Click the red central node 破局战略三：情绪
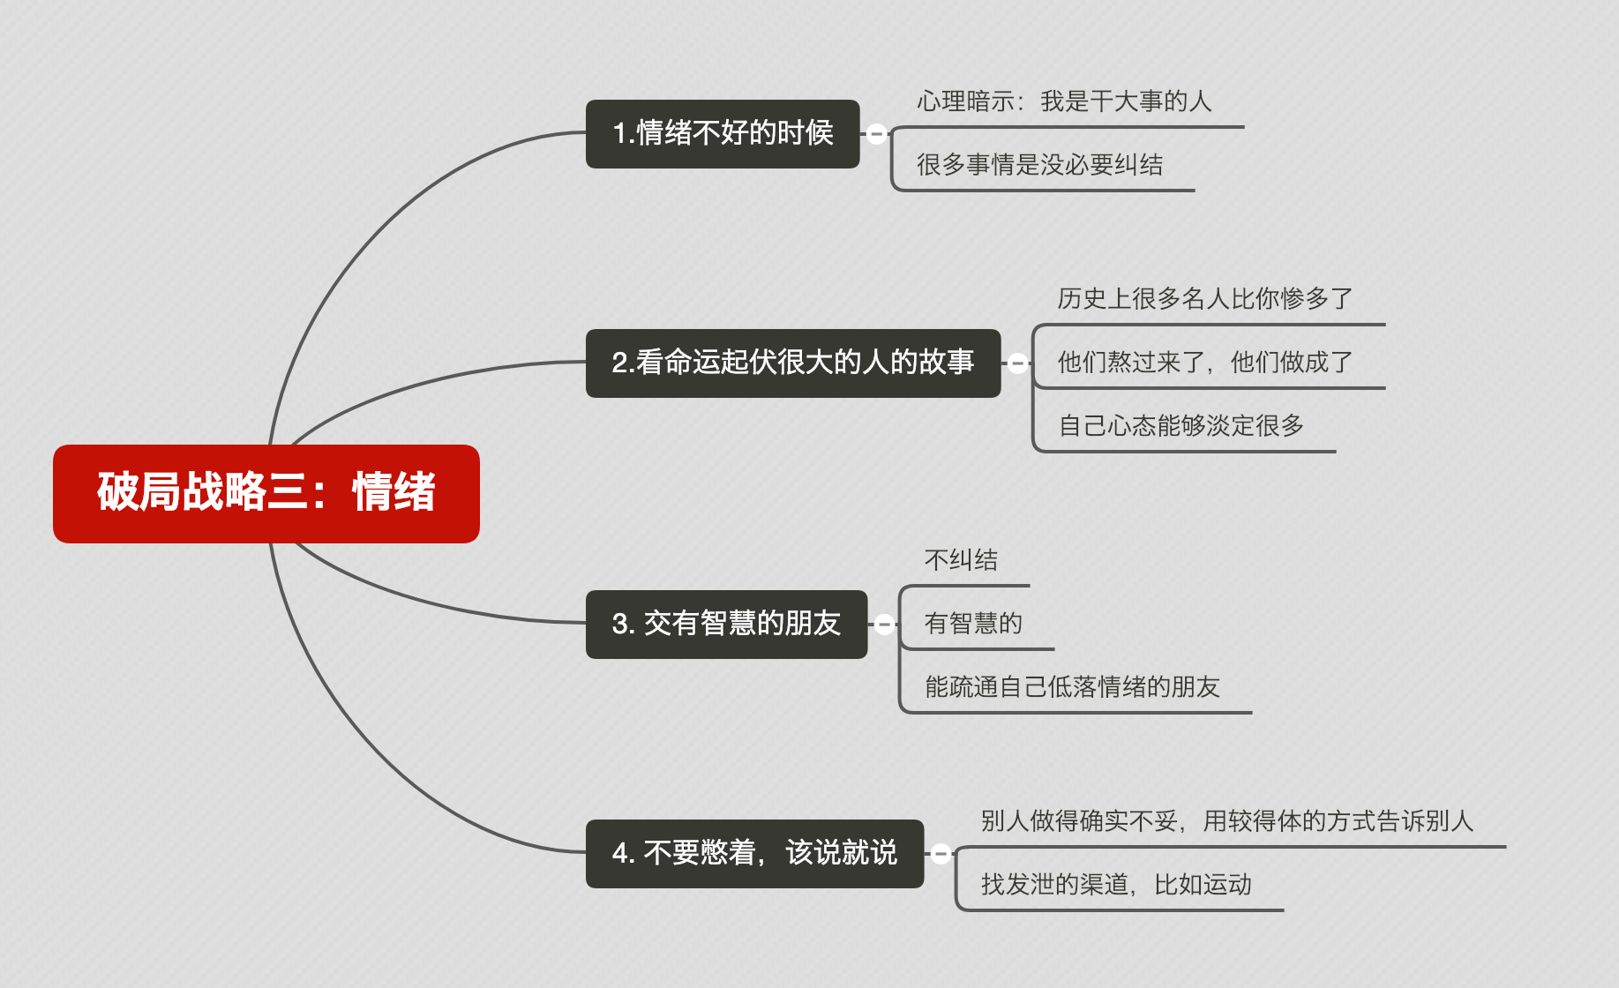click(266, 493)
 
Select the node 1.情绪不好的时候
click(723, 133)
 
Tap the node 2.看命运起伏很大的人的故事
click(792, 363)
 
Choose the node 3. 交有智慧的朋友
click(726, 624)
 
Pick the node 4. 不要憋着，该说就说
click(754, 853)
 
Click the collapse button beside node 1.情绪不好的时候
click(876, 134)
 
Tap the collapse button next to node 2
click(1017, 363)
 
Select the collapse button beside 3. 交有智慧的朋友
click(884, 625)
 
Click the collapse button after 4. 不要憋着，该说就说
click(941, 854)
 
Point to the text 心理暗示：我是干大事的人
click(1064, 101)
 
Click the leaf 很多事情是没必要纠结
click(1039, 165)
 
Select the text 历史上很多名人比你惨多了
click(1204, 299)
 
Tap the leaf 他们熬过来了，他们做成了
click(1204, 363)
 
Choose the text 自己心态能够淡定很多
click(1181, 426)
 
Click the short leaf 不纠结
click(961, 560)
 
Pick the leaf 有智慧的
click(973, 624)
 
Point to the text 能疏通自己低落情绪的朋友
click(1072, 687)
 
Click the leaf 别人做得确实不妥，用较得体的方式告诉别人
click(1226, 821)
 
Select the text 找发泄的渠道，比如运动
click(1116, 885)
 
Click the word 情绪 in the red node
click(394, 493)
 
